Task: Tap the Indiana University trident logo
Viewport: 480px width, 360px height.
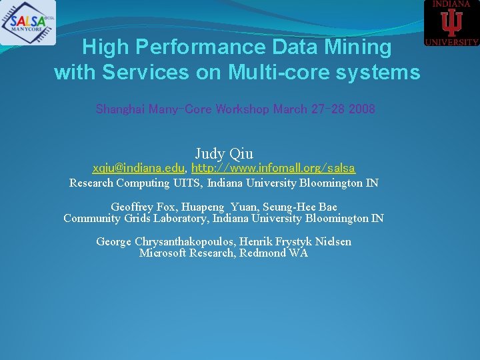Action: coord(452,23)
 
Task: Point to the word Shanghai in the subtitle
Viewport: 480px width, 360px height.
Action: coord(121,109)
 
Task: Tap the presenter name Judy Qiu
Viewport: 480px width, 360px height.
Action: coord(224,154)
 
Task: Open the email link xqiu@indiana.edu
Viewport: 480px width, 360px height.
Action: coord(139,169)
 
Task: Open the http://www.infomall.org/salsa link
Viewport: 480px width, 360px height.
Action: coord(273,169)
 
